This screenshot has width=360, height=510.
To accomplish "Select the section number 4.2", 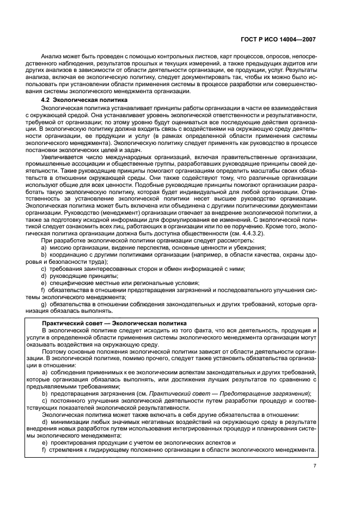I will pyautogui.click(x=47, y=101).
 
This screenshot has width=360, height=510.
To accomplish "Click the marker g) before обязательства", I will pyautogui.click(x=44, y=304).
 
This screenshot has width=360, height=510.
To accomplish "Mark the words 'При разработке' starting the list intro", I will pyautogui.click(x=60, y=240).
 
